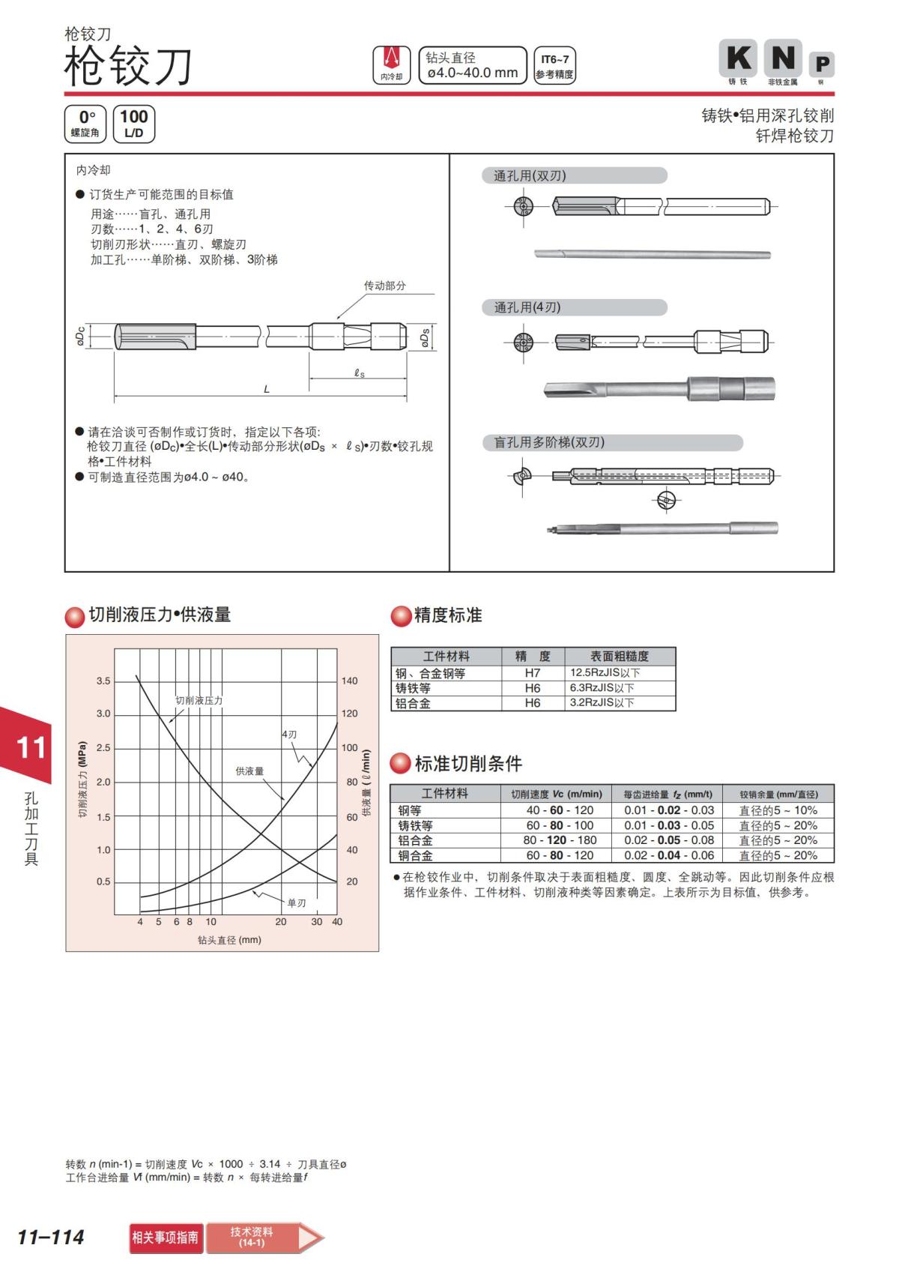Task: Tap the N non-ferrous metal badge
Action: [783, 58]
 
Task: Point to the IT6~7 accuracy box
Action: [554, 65]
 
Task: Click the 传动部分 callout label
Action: [384, 286]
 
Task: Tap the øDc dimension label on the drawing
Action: [80, 337]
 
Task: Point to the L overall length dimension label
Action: [267, 389]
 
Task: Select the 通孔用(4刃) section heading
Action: [527, 307]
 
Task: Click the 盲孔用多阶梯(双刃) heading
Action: [549, 442]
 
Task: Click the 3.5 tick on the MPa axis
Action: [103, 681]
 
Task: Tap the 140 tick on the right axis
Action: [350, 681]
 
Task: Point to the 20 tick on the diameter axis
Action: [281, 922]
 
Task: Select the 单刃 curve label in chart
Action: [297, 902]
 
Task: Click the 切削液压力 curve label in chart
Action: [199, 700]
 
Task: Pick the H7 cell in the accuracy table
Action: [533, 673]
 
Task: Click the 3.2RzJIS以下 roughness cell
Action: [602, 703]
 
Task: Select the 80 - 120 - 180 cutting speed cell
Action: [560, 840]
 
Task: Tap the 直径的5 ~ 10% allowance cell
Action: [778, 810]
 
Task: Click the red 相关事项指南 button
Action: [166, 1238]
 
